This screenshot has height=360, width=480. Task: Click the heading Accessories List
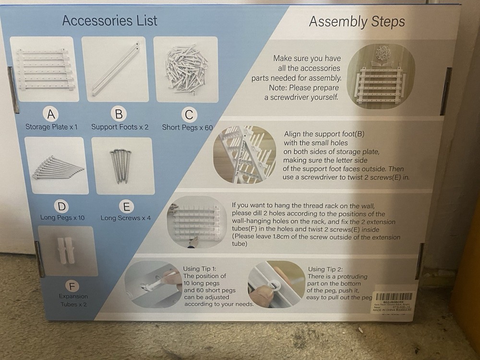(x=109, y=21)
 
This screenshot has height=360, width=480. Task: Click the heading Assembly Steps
(x=357, y=22)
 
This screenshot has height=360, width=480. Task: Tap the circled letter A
(x=50, y=114)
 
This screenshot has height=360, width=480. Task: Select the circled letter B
(x=118, y=114)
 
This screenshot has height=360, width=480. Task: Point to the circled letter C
(x=189, y=115)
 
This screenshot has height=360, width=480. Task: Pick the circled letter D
(x=62, y=206)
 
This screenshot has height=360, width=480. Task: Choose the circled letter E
(x=126, y=207)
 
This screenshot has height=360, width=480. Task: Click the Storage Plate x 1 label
(x=51, y=127)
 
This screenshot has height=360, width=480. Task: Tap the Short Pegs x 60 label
(x=187, y=128)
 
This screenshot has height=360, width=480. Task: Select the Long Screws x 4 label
(x=125, y=218)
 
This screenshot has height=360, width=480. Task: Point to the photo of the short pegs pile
(x=186, y=69)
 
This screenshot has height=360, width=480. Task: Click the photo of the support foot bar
(x=116, y=69)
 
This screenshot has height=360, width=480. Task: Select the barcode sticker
(x=393, y=302)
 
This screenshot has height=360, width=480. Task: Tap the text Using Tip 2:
(x=326, y=269)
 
